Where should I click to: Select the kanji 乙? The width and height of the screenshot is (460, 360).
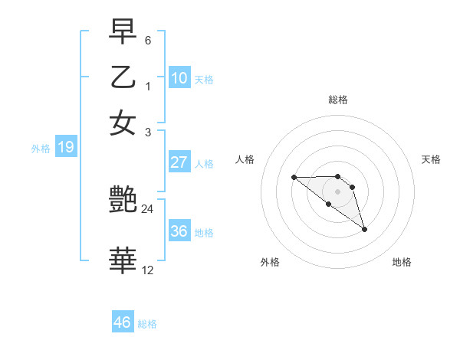point(123,77)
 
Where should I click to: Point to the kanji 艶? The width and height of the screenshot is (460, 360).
point(123,201)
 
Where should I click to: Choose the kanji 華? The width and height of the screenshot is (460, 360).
point(123,261)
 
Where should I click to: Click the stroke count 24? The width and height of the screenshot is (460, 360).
point(148,208)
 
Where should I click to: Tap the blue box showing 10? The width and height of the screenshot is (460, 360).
point(179,77)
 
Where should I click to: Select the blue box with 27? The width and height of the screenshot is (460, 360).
point(179,162)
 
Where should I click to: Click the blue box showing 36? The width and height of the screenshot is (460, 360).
point(179,231)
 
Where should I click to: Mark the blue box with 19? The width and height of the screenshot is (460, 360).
point(65,147)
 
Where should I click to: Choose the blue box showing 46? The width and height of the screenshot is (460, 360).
point(123,322)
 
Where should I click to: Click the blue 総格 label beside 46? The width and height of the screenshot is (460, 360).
point(147,324)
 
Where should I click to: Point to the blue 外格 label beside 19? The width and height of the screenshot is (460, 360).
point(41,149)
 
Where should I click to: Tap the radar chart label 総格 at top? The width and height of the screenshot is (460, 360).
point(337,100)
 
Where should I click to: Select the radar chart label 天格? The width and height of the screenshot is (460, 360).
point(431,159)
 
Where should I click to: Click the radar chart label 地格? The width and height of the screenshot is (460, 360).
point(402,262)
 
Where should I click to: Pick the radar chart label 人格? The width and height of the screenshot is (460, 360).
point(245,159)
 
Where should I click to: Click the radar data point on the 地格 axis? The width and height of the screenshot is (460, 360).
point(364,229)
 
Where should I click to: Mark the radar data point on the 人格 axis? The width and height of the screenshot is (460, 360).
point(294,178)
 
